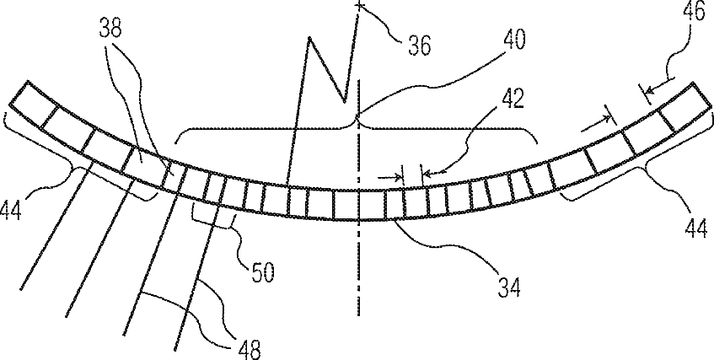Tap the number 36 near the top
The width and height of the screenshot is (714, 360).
click(x=413, y=45)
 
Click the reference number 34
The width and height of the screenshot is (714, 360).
click(x=507, y=287)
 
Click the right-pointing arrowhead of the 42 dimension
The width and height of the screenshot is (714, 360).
click(x=398, y=176)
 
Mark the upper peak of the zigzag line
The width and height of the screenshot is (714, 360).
click(x=310, y=37)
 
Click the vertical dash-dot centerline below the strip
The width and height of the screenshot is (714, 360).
click(x=359, y=270)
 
